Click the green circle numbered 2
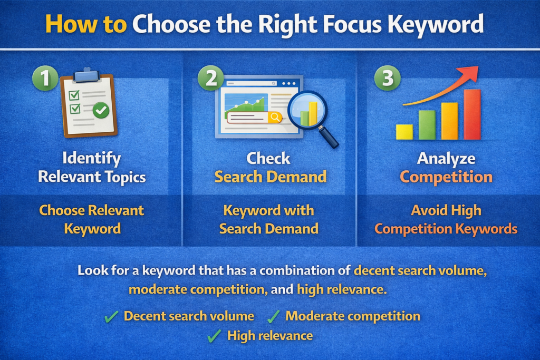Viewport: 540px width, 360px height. [x=210, y=78]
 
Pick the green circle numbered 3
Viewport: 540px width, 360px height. [x=387, y=78]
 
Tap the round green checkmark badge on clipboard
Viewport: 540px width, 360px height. [x=101, y=110]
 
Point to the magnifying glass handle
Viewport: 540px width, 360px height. [x=330, y=138]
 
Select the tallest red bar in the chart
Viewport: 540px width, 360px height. [x=472, y=114]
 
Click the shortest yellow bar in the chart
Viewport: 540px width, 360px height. [x=404, y=132]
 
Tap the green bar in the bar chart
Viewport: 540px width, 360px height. [x=427, y=125]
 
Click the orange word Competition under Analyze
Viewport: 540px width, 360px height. [x=446, y=177]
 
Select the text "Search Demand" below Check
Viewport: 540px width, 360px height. [x=270, y=177]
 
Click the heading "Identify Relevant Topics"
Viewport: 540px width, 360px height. [x=91, y=168]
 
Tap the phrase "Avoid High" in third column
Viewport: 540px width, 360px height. [x=446, y=211]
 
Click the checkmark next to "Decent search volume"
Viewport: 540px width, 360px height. [x=111, y=317]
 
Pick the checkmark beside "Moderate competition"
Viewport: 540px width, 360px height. [x=273, y=317]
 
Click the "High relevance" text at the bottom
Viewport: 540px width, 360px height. [x=269, y=336]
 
